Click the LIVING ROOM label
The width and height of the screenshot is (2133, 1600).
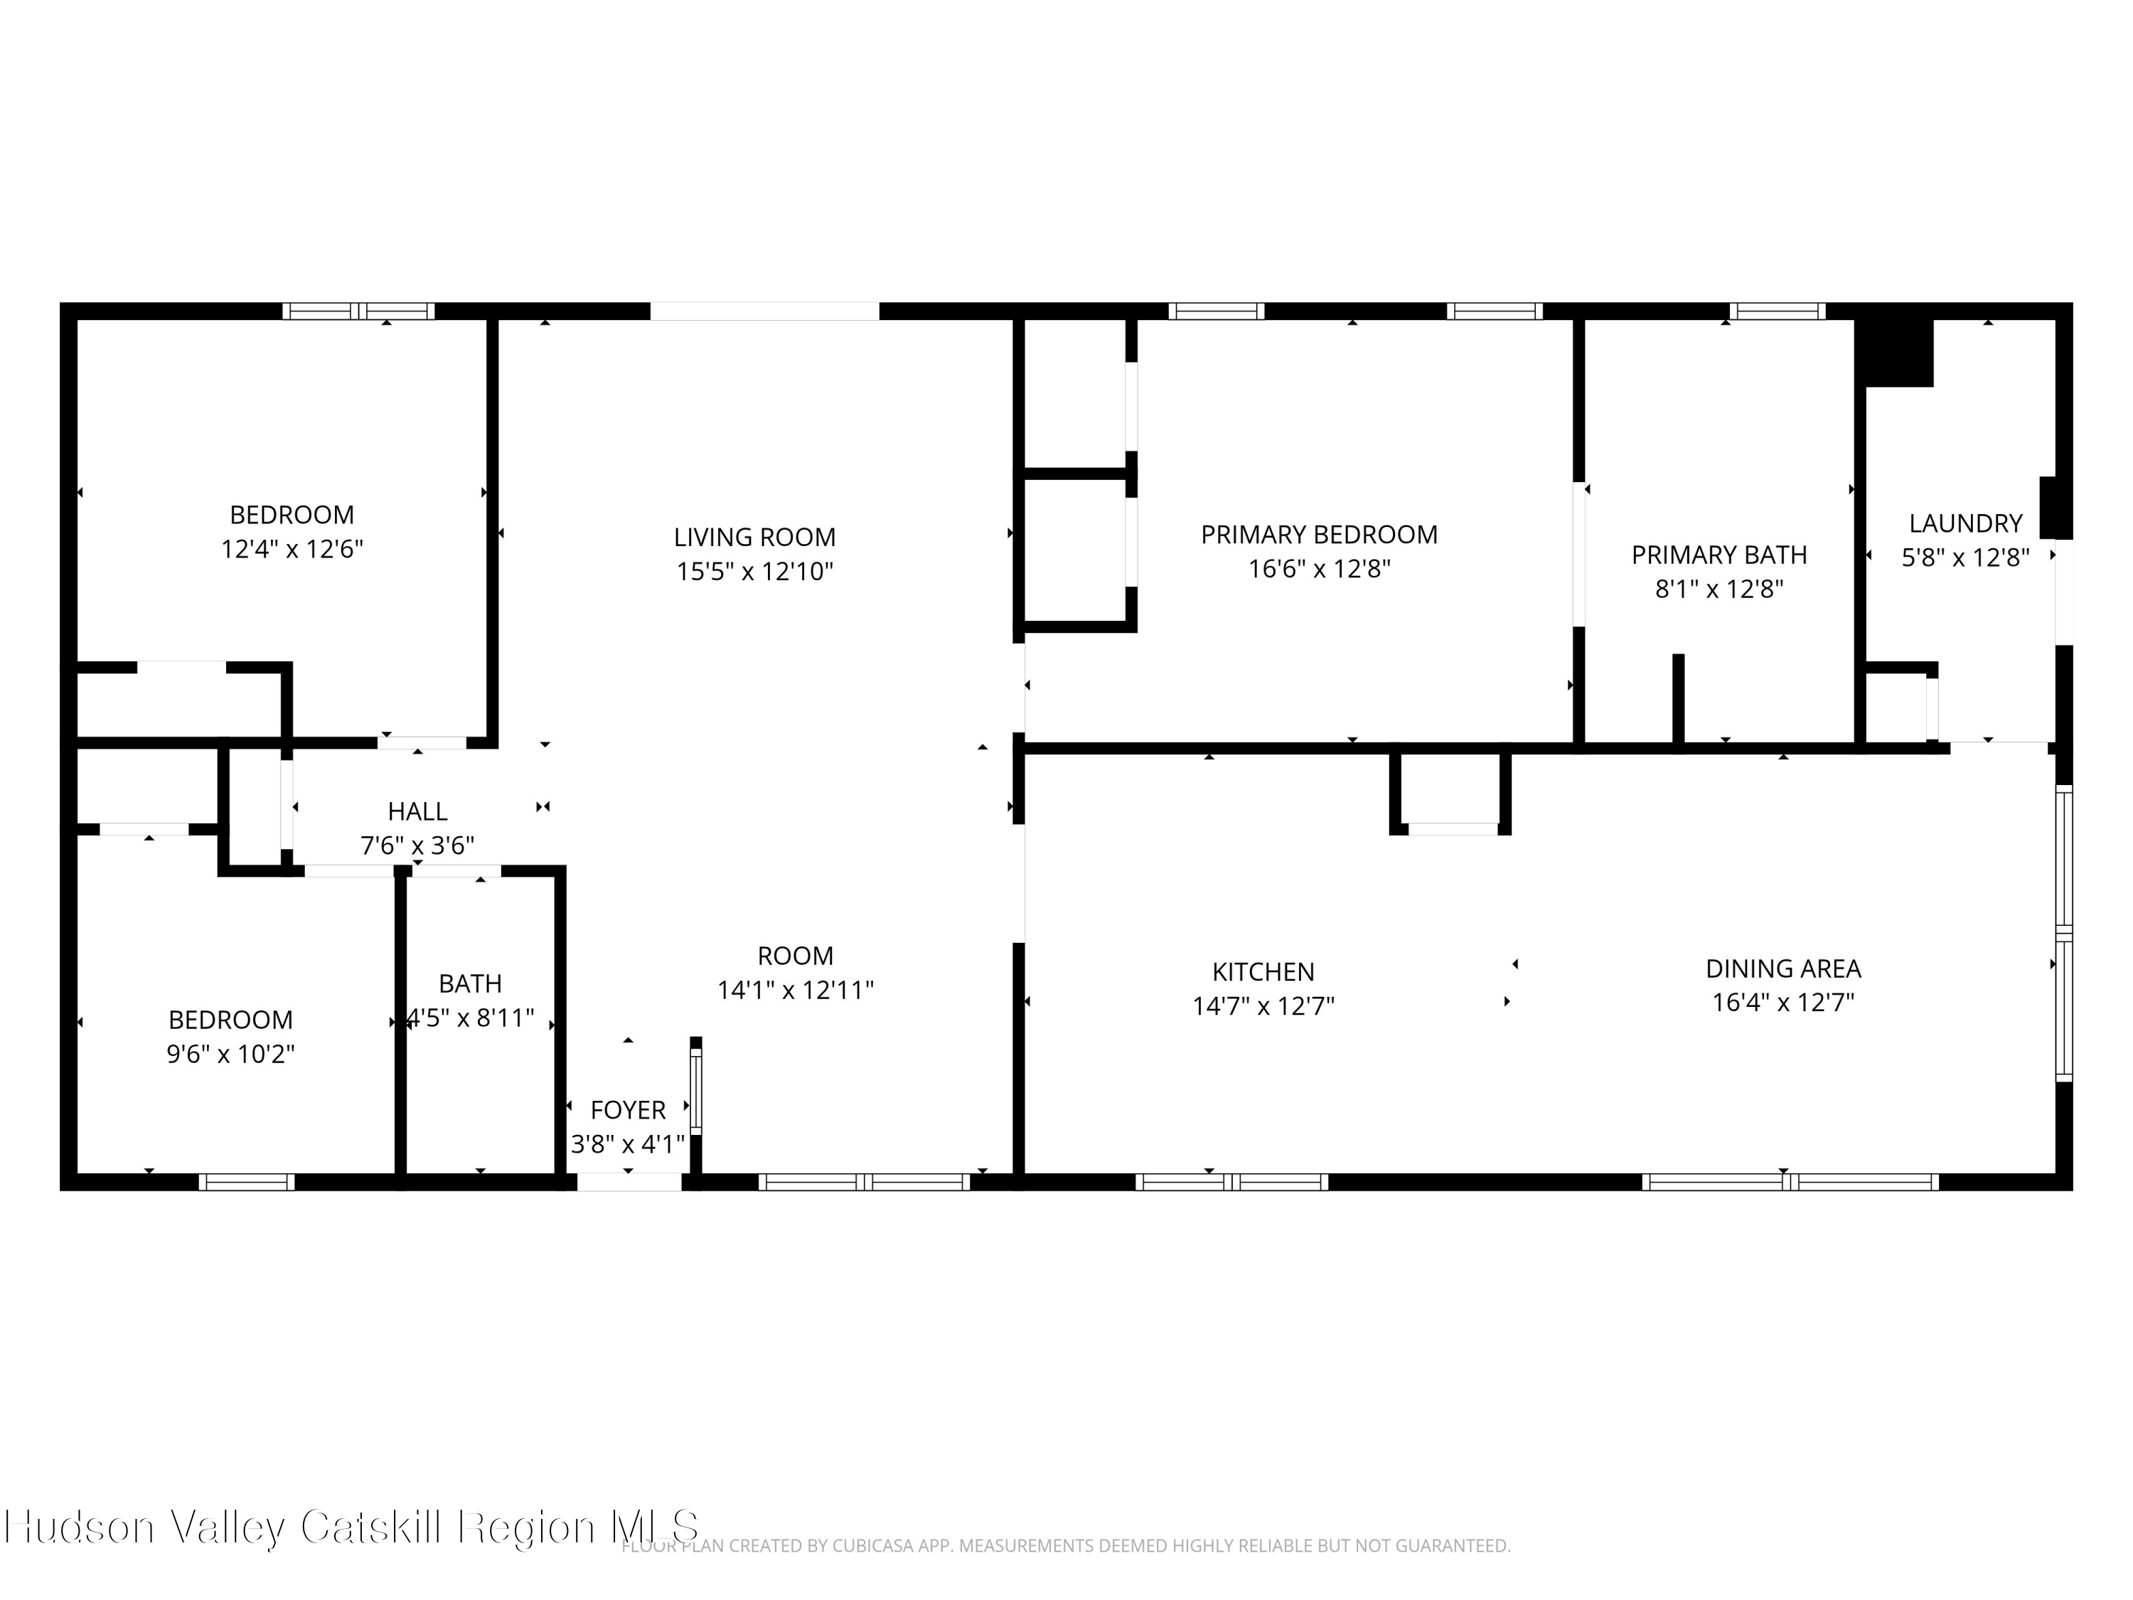click(754, 537)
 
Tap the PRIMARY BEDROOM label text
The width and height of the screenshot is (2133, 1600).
click(1318, 534)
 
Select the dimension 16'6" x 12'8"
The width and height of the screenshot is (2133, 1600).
click(1318, 569)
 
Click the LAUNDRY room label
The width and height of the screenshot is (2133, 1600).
click(1965, 523)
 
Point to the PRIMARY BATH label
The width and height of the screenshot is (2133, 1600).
click(1718, 555)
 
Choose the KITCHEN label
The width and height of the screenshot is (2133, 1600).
click(1262, 972)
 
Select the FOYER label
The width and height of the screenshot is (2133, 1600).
click(628, 1110)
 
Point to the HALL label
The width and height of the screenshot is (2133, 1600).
click(417, 812)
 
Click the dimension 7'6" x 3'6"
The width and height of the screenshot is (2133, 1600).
click(417, 846)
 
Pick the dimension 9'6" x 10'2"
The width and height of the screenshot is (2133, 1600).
click(230, 1054)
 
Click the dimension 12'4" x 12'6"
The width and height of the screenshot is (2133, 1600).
click(292, 550)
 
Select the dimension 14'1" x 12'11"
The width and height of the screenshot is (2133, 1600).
click(796, 991)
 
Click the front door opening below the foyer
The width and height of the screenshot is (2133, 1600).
click(629, 1181)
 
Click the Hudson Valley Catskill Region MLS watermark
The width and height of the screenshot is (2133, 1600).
click(352, 1527)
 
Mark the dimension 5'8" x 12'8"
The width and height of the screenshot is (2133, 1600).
click(1965, 558)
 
